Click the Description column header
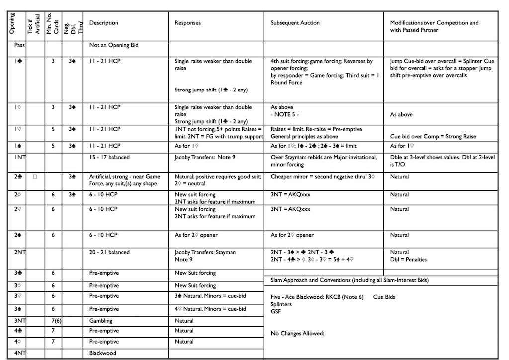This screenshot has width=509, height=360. coord(104,23)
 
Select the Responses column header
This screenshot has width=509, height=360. coord(188,23)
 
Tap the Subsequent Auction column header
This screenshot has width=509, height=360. coord(295,23)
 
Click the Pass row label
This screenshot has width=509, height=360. coord(19,45)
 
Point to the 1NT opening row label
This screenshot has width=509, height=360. coord(20,157)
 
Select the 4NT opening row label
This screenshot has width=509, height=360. coord(20,353)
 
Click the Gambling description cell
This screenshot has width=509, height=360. coord(101,321)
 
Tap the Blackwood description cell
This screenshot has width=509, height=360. coord(103,353)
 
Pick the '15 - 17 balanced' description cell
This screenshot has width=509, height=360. coord(109,157)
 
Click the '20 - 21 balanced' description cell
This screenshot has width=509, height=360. coord(109,252)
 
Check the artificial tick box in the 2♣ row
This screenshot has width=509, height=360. coord(35,177)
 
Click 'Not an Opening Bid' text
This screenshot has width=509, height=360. coord(114,45)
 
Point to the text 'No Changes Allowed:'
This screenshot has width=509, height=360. coord(297,333)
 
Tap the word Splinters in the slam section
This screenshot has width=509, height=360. coord(281,304)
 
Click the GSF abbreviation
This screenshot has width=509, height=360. coord(275,311)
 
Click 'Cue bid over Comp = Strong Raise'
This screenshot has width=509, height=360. coord(433,136)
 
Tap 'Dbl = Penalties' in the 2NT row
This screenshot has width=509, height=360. coord(409,259)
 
